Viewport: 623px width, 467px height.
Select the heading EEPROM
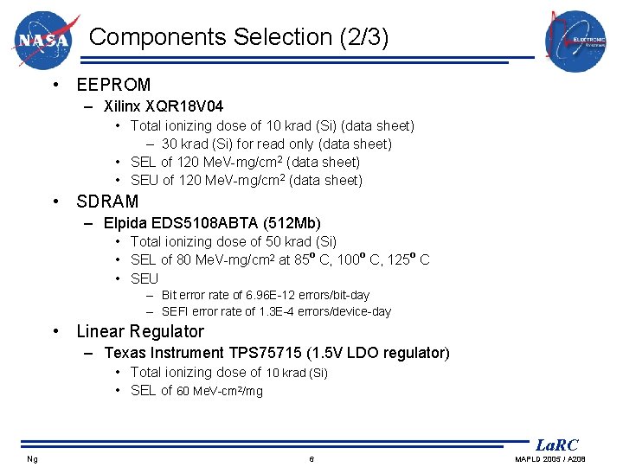pos(113,85)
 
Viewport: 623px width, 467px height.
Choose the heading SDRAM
pos(107,202)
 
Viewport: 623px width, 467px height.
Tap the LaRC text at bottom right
pos(556,445)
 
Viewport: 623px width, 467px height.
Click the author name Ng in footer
pos(32,458)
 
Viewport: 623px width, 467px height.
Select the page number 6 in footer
pos(311,458)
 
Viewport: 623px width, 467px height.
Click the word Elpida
pos(125,224)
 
